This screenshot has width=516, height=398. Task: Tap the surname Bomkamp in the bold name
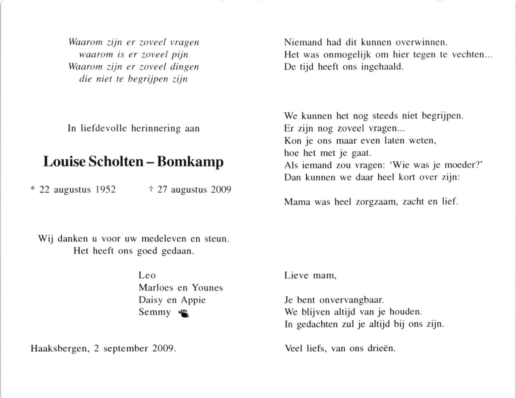coord(190,162)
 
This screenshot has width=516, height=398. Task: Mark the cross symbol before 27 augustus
coord(151,189)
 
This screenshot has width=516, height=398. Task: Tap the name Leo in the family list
coord(147,275)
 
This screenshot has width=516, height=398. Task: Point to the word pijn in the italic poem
coord(180,55)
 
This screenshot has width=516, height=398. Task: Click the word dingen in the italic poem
coord(184,67)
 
